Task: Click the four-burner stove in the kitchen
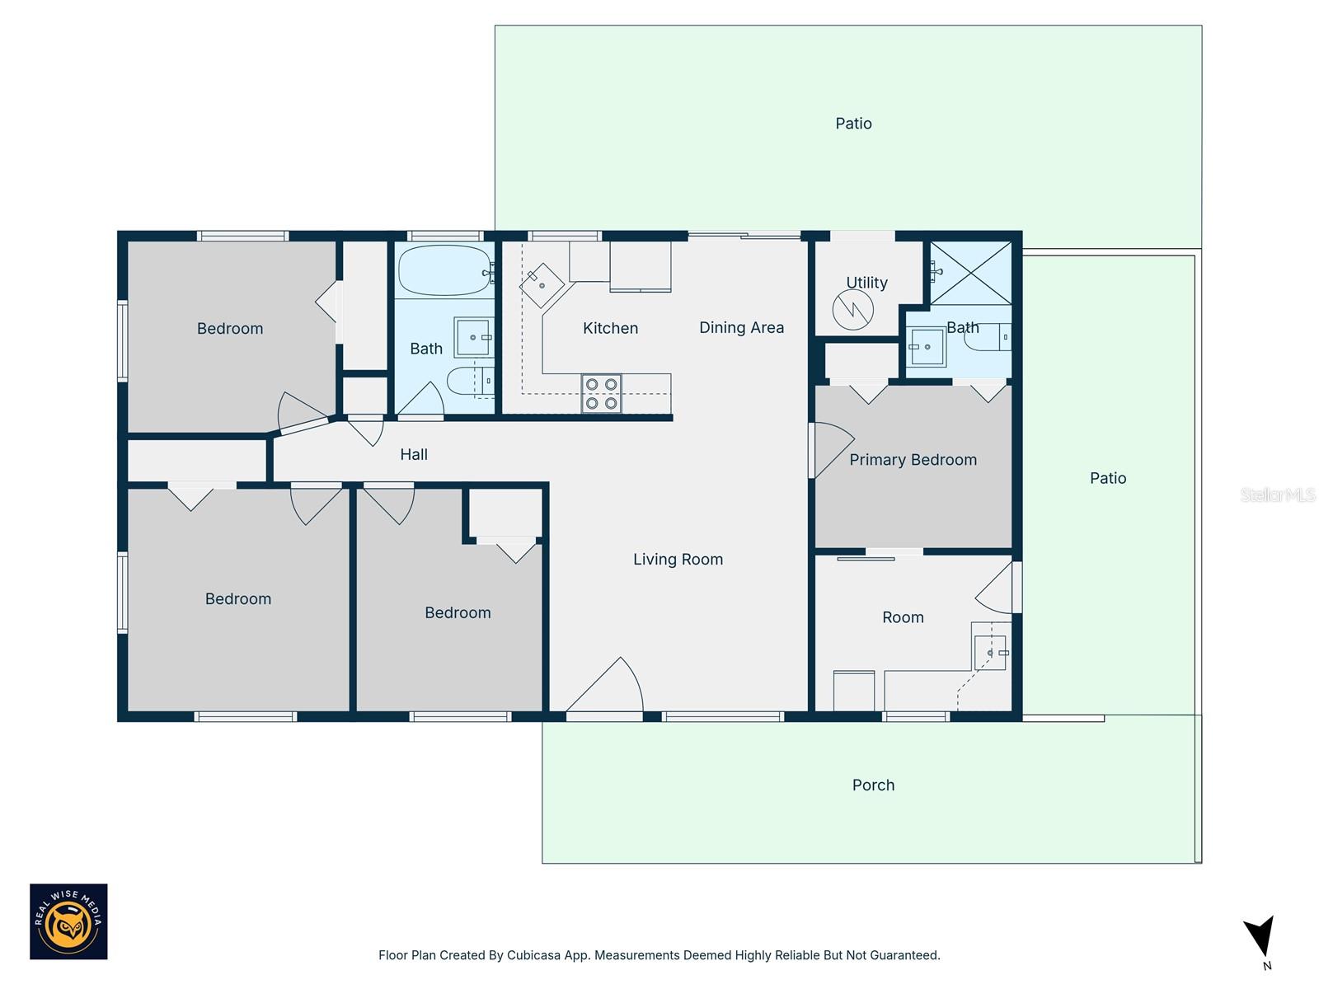[x=600, y=393]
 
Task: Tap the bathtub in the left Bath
[x=444, y=270]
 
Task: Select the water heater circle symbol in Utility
[x=852, y=310]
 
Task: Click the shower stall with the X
[x=970, y=273]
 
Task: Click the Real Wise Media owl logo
[x=68, y=921]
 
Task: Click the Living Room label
[x=678, y=559]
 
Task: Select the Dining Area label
[x=741, y=327]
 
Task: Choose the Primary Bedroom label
[x=913, y=460]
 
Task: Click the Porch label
[x=873, y=785]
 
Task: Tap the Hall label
[x=414, y=455]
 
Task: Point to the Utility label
[x=866, y=283]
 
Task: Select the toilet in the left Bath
[x=471, y=381]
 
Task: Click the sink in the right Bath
[x=926, y=346]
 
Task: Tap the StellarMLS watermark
[x=1278, y=494]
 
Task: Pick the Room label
[x=903, y=617]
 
